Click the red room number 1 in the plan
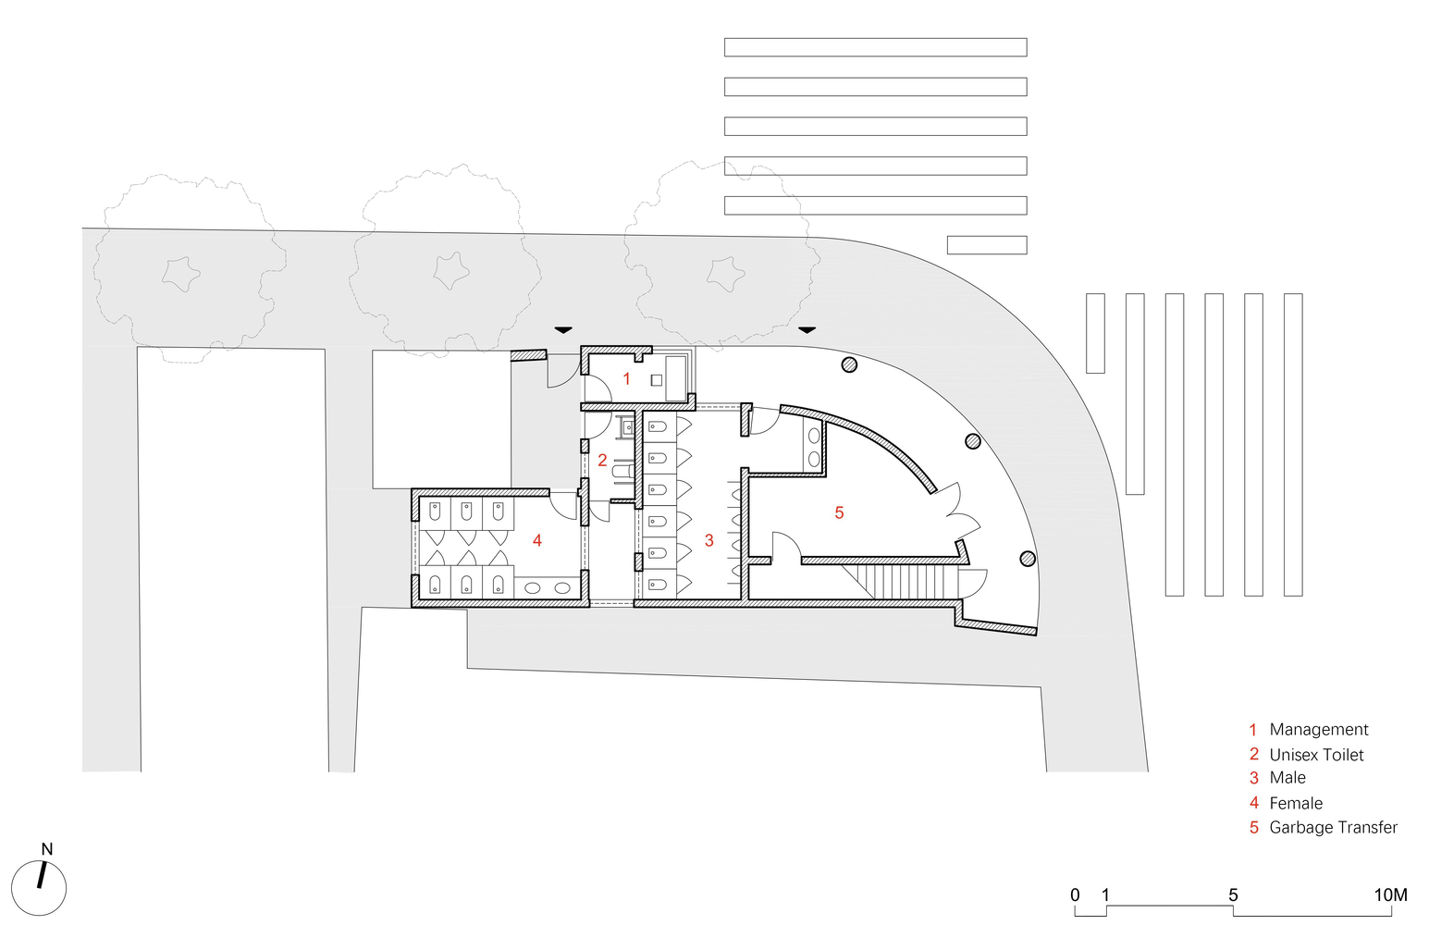click(x=626, y=378)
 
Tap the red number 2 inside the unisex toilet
click(x=602, y=460)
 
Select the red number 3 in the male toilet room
click(x=708, y=540)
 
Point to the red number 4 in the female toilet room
click(x=536, y=540)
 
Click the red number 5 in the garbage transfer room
click(x=839, y=512)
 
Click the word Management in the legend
click(x=1318, y=730)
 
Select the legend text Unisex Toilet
click(x=1316, y=755)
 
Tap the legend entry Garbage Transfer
click(x=1333, y=827)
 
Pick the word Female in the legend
click(x=1296, y=803)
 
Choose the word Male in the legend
click(x=1287, y=778)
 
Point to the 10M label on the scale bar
click(x=1390, y=895)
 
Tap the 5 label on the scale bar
click(x=1233, y=895)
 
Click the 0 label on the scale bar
click(x=1075, y=895)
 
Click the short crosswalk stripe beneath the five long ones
click(x=986, y=245)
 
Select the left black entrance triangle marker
click(x=562, y=329)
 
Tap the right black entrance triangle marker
click(x=807, y=329)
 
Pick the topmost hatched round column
click(x=849, y=364)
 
